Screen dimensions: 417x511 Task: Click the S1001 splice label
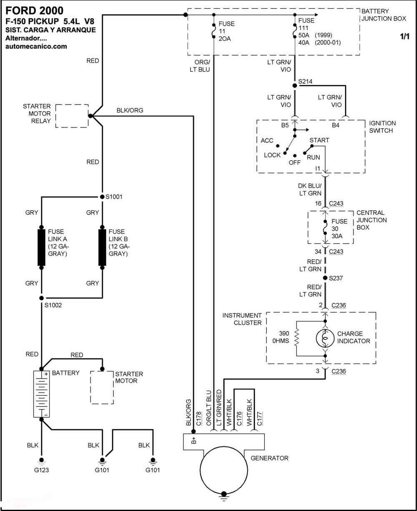click(114, 197)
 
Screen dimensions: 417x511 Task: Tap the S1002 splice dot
click(42, 298)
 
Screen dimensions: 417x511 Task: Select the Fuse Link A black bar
click(41, 247)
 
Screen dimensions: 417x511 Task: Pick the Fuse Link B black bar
click(102, 247)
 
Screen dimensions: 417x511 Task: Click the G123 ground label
click(41, 470)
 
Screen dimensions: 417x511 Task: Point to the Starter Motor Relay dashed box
click(72, 116)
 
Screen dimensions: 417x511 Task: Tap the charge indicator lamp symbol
click(325, 338)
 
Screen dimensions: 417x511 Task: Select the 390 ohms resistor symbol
click(296, 337)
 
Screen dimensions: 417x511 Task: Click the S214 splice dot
click(295, 86)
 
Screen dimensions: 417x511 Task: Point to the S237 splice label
click(336, 278)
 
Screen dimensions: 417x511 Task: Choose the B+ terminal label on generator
click(193, 440)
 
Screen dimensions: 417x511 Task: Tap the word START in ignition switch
click(319, 140)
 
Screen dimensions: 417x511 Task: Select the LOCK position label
click(272, 155)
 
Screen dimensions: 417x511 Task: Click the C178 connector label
click(198, 419)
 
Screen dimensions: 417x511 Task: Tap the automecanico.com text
click(36, 46)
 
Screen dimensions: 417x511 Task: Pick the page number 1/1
click(404, 37)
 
